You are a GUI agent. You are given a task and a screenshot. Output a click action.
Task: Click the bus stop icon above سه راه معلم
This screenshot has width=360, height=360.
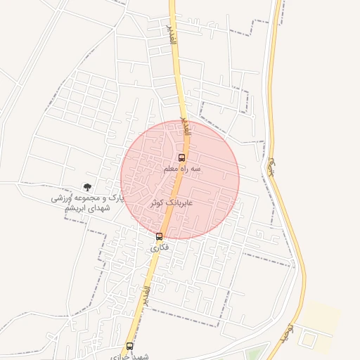point(182,157)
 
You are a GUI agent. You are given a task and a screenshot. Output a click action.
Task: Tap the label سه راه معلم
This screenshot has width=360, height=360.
point(182,169)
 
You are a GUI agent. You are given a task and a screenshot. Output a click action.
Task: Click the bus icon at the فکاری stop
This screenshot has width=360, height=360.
point(160,236)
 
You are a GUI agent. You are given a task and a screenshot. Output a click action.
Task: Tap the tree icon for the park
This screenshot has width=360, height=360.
point(87,188)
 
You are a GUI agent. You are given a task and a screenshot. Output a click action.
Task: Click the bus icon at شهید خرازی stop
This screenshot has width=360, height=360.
point(129,346)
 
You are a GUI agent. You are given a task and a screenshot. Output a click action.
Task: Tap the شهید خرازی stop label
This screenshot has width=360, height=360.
point(131,356)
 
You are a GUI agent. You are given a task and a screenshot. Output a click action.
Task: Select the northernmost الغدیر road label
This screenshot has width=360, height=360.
point(171,35)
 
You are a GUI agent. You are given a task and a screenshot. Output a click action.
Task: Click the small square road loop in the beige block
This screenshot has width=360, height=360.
point(308,338)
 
